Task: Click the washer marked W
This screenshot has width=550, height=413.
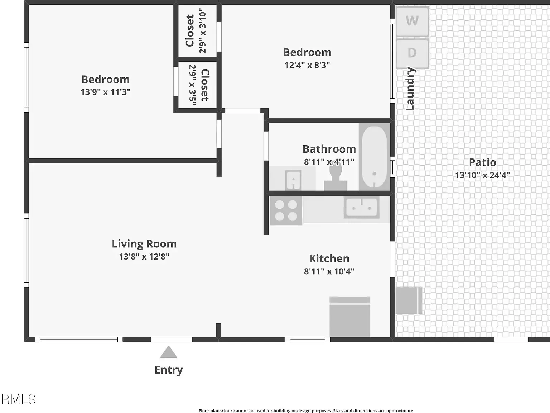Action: pos(412,22)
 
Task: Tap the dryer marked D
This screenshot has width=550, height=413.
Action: pos(412,53)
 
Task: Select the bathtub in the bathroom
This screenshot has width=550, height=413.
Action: pos(374,157)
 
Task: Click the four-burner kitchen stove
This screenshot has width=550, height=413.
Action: pos(286,211)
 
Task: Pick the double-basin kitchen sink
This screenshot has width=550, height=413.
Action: pos(361,207)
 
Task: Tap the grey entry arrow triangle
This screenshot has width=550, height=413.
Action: pos(169,352)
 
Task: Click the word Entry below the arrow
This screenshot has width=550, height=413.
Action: pos(169,370)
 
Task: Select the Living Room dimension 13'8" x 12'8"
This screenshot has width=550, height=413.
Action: pos(144,257)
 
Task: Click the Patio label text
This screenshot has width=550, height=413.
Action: pos(483,162)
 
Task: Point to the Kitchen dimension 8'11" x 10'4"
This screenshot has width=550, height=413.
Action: pos(329,271)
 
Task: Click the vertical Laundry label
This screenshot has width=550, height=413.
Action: pos(410,89)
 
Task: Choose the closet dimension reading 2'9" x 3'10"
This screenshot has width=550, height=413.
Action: pos(202,30)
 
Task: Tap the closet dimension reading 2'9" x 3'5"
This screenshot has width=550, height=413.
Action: pos(192,85)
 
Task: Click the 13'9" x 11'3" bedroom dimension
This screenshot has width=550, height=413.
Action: pos(106,92)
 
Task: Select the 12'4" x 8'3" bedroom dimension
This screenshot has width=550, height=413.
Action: pos(307,65)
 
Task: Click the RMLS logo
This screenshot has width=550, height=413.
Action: pos(19,399)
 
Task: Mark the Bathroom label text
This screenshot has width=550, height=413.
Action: pos(329,149)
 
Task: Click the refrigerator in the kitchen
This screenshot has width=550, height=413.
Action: pos(350,317)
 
